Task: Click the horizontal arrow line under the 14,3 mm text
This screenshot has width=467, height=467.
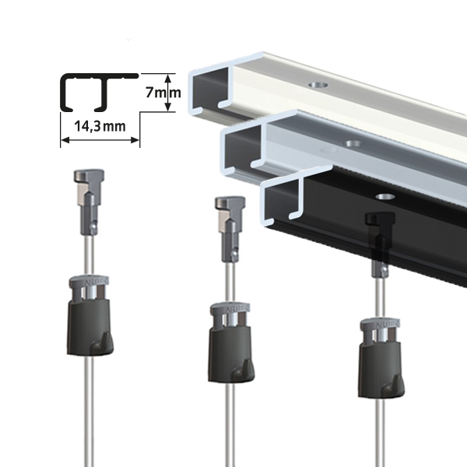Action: click(x=100, y=141)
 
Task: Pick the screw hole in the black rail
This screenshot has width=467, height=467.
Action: click(x=381, y=196)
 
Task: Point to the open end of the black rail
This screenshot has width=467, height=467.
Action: click(x=283, y=202)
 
